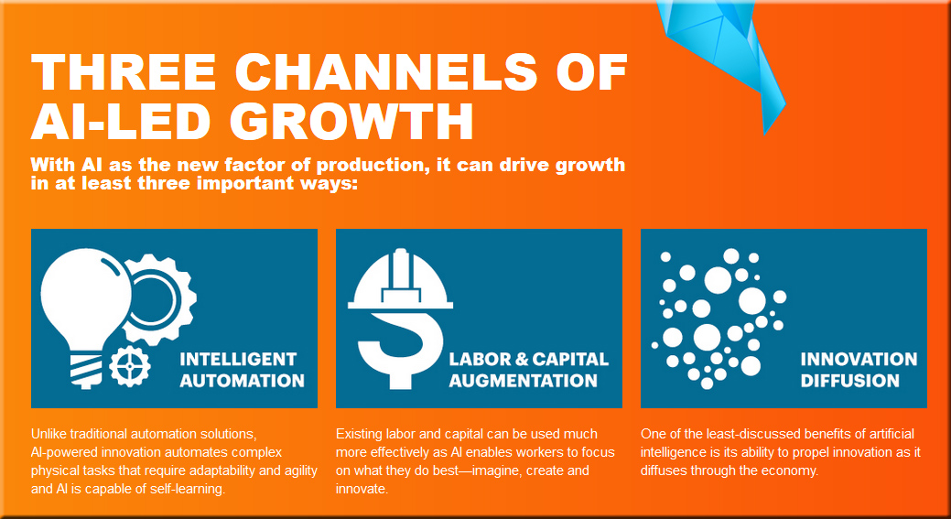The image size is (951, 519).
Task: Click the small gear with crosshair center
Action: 130,365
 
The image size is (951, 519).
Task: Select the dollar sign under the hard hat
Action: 398,348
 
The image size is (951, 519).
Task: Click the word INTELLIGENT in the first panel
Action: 238,359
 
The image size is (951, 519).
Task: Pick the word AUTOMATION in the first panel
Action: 242,381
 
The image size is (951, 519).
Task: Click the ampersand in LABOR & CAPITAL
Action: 521,359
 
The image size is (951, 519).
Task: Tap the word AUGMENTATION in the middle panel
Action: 523,381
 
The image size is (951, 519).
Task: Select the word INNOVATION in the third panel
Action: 859,360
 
